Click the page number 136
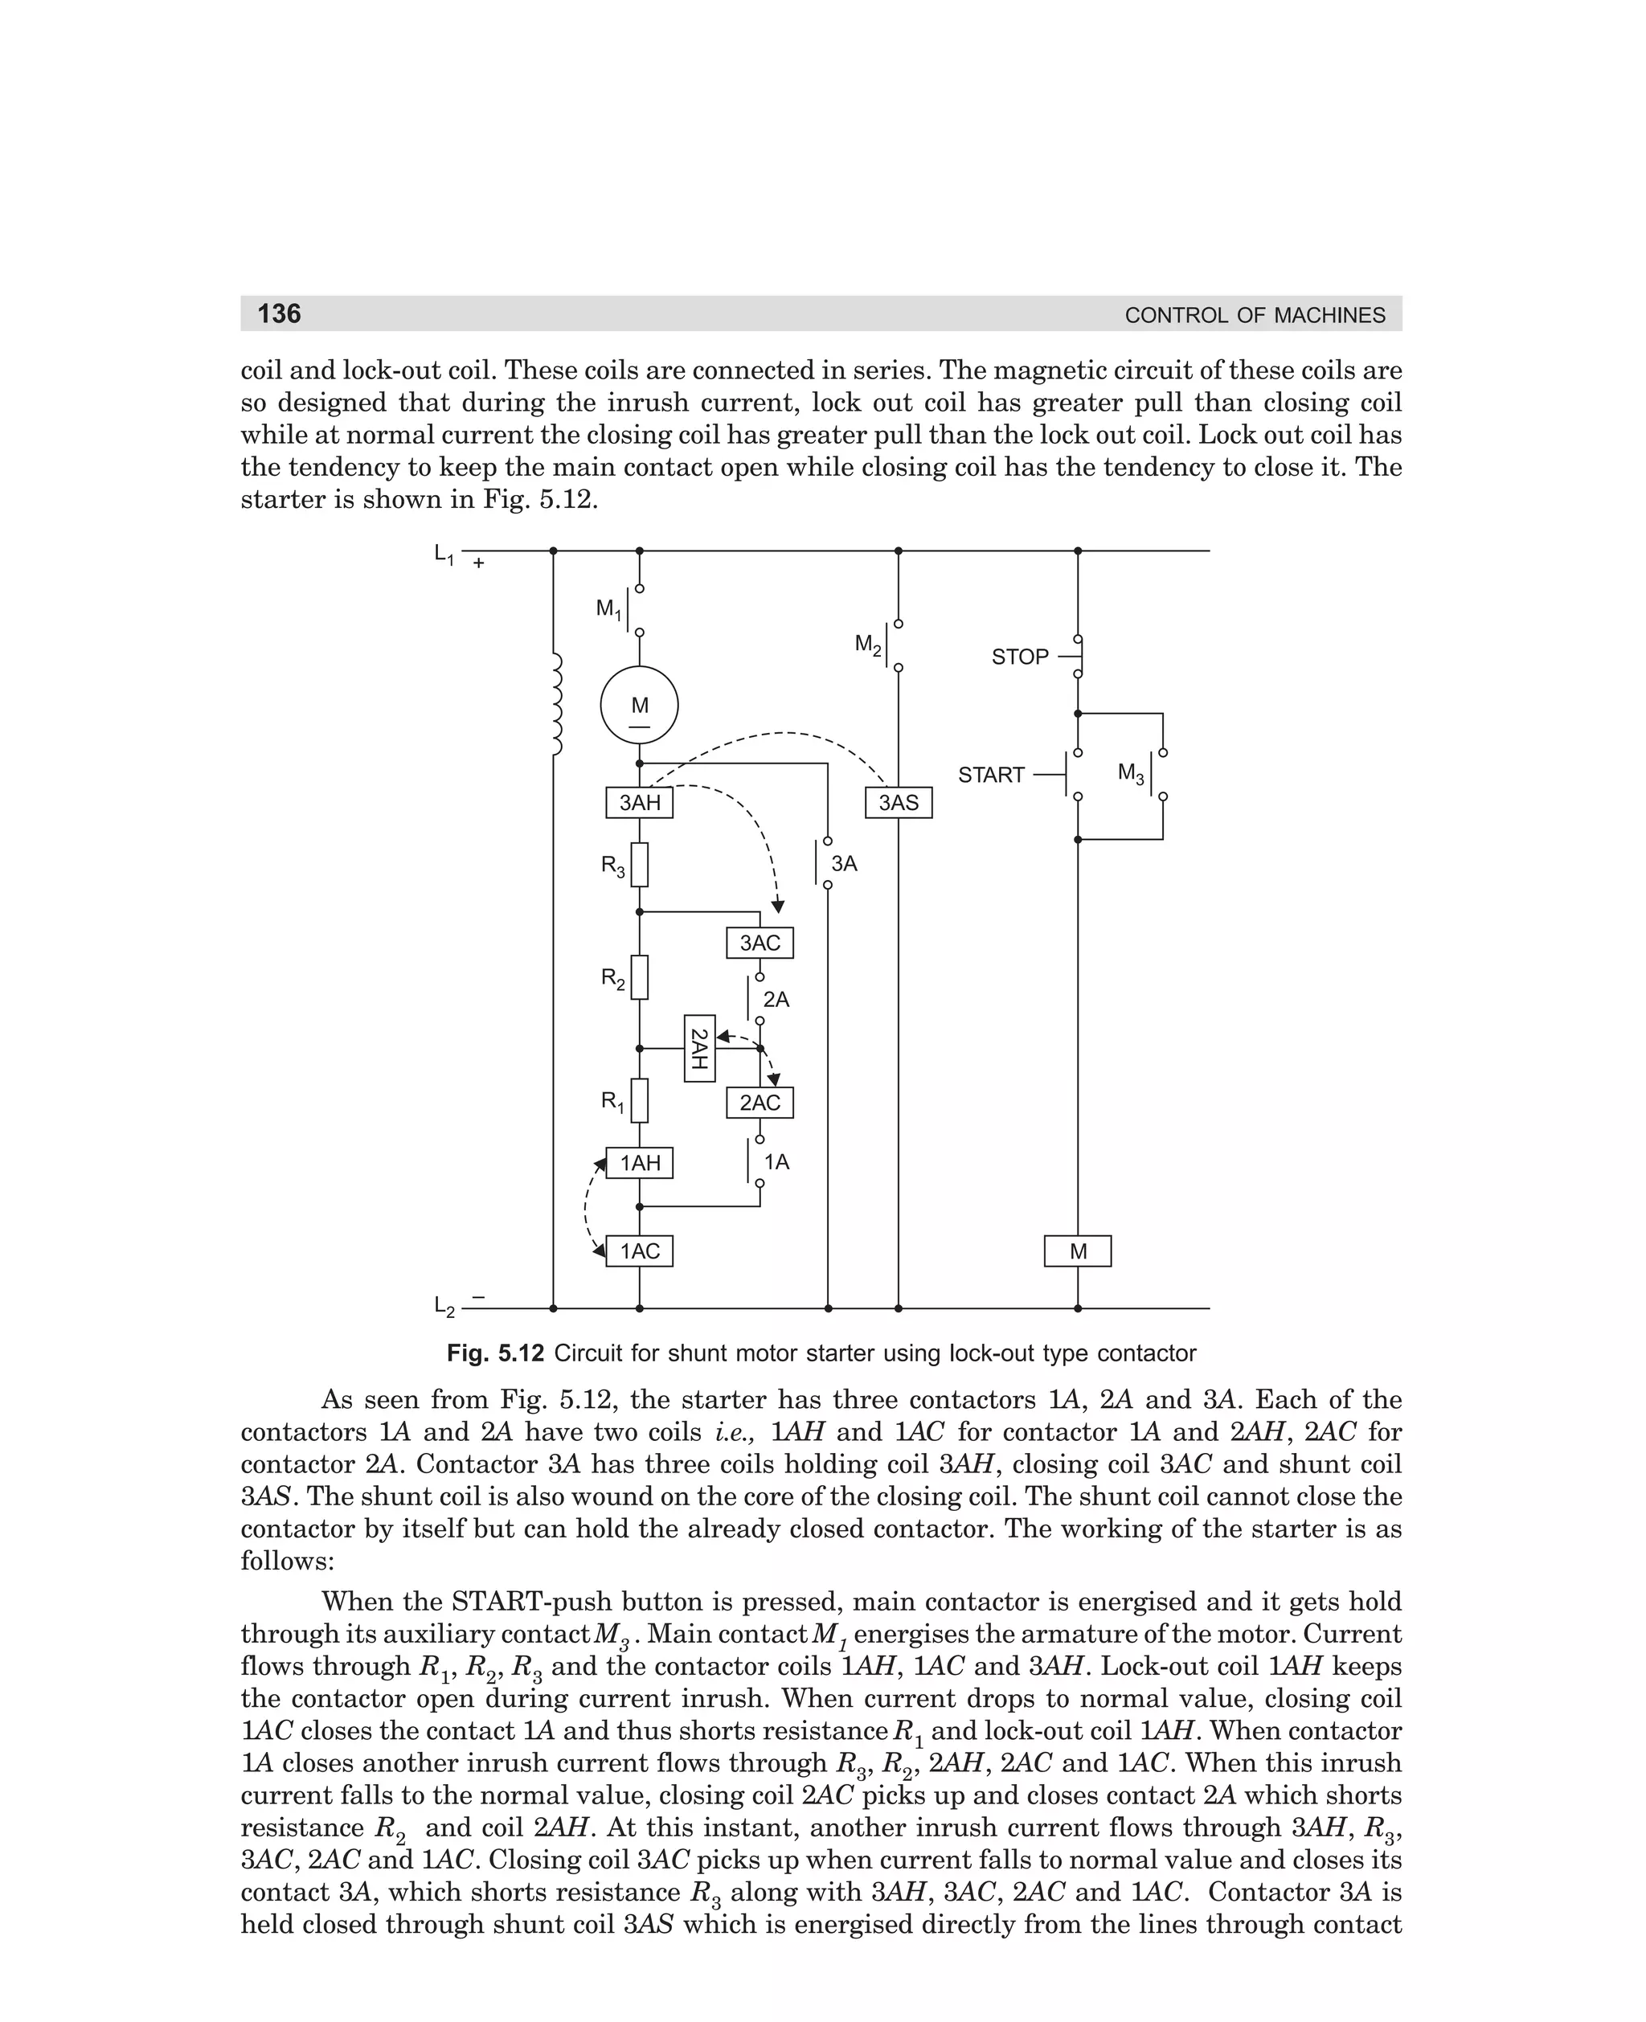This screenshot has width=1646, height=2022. [x=279, y=313]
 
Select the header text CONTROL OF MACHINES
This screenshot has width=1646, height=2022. [x=1255, y=316]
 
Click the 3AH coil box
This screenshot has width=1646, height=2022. [x=639, y=803]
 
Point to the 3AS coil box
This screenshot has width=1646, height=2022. [x=898, y=803]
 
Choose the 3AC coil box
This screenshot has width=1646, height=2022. [x=760, y=943]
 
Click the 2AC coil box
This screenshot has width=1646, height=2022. [x=760, y=1103]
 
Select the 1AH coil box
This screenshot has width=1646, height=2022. [x=639, y=1163]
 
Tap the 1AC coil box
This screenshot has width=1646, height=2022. [x=639, y=1251]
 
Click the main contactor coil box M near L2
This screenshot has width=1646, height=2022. [x=1077, y=1251]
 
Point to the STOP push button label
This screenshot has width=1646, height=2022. [x=1019, y=657]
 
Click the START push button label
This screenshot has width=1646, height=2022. [x=991, y=776]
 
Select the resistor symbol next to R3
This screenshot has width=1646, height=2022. [x=640, y=865]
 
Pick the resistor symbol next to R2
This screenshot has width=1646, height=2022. [x=640, y=977]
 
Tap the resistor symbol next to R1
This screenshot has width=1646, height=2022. [x=640, y=1099]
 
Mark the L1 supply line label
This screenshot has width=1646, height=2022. [x=444, y=555]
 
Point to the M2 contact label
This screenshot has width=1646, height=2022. [x=867, y=645]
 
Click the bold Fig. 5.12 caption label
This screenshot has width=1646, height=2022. [x=495, y=1353]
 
